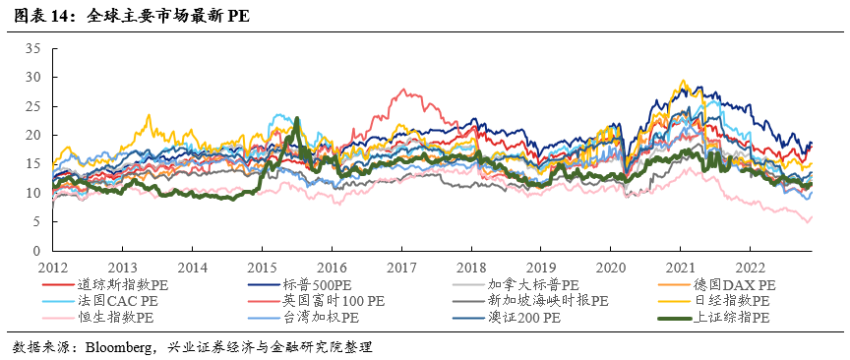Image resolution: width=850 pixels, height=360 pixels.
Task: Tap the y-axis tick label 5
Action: [x=35, y=222]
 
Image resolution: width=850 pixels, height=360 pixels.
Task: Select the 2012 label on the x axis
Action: [x=52, y=267]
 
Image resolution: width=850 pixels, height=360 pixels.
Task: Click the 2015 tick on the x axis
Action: [x=262, y=267]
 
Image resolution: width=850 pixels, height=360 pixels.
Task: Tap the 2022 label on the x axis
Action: [x=750, y=267]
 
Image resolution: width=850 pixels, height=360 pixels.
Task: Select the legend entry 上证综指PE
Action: [x=732, y=317]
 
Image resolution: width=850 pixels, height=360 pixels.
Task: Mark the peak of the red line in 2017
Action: [x=403, y=90]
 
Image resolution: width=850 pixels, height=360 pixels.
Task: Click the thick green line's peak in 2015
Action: [x=297, y=119]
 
